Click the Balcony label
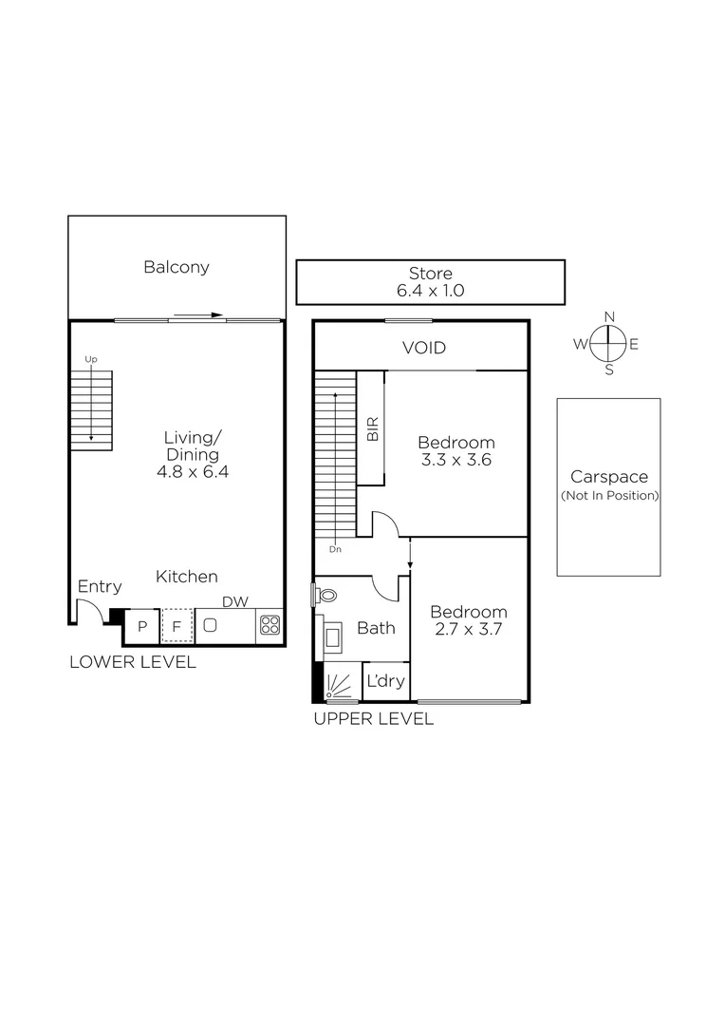tap(177, 267)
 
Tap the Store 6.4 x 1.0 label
tap(430, 282)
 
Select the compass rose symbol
tap(609, 343)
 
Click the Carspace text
tap(608, 478)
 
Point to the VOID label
tap(423, 348)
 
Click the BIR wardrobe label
tap(372, 428)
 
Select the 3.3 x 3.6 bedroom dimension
tap(456, 460)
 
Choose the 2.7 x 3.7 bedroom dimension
tap(468, 630)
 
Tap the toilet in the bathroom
tap(325, 596)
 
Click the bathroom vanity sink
tap(334, 637)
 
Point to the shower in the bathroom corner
tap(340, 682)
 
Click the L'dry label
tap(385, 680)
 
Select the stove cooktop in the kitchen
tap(270, 624)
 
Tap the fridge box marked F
tap(177, 625)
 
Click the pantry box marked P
tap(142, 625)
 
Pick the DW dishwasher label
tap(235, 600)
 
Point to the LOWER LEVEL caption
tap(133, 662)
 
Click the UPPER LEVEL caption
tap(373, 719)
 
